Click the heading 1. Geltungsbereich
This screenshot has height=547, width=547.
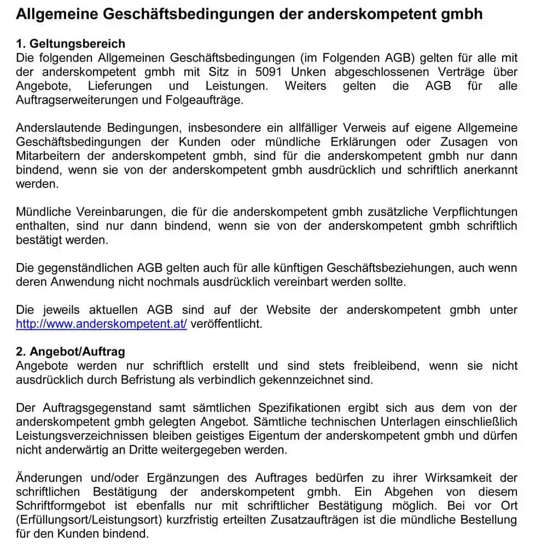click(71, 44)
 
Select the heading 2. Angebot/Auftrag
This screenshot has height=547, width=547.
click(71, 352)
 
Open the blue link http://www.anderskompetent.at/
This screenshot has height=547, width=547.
click(102, 324)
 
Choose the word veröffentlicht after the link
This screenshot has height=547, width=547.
click(226, 324)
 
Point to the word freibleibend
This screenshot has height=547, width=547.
click(386, 365)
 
